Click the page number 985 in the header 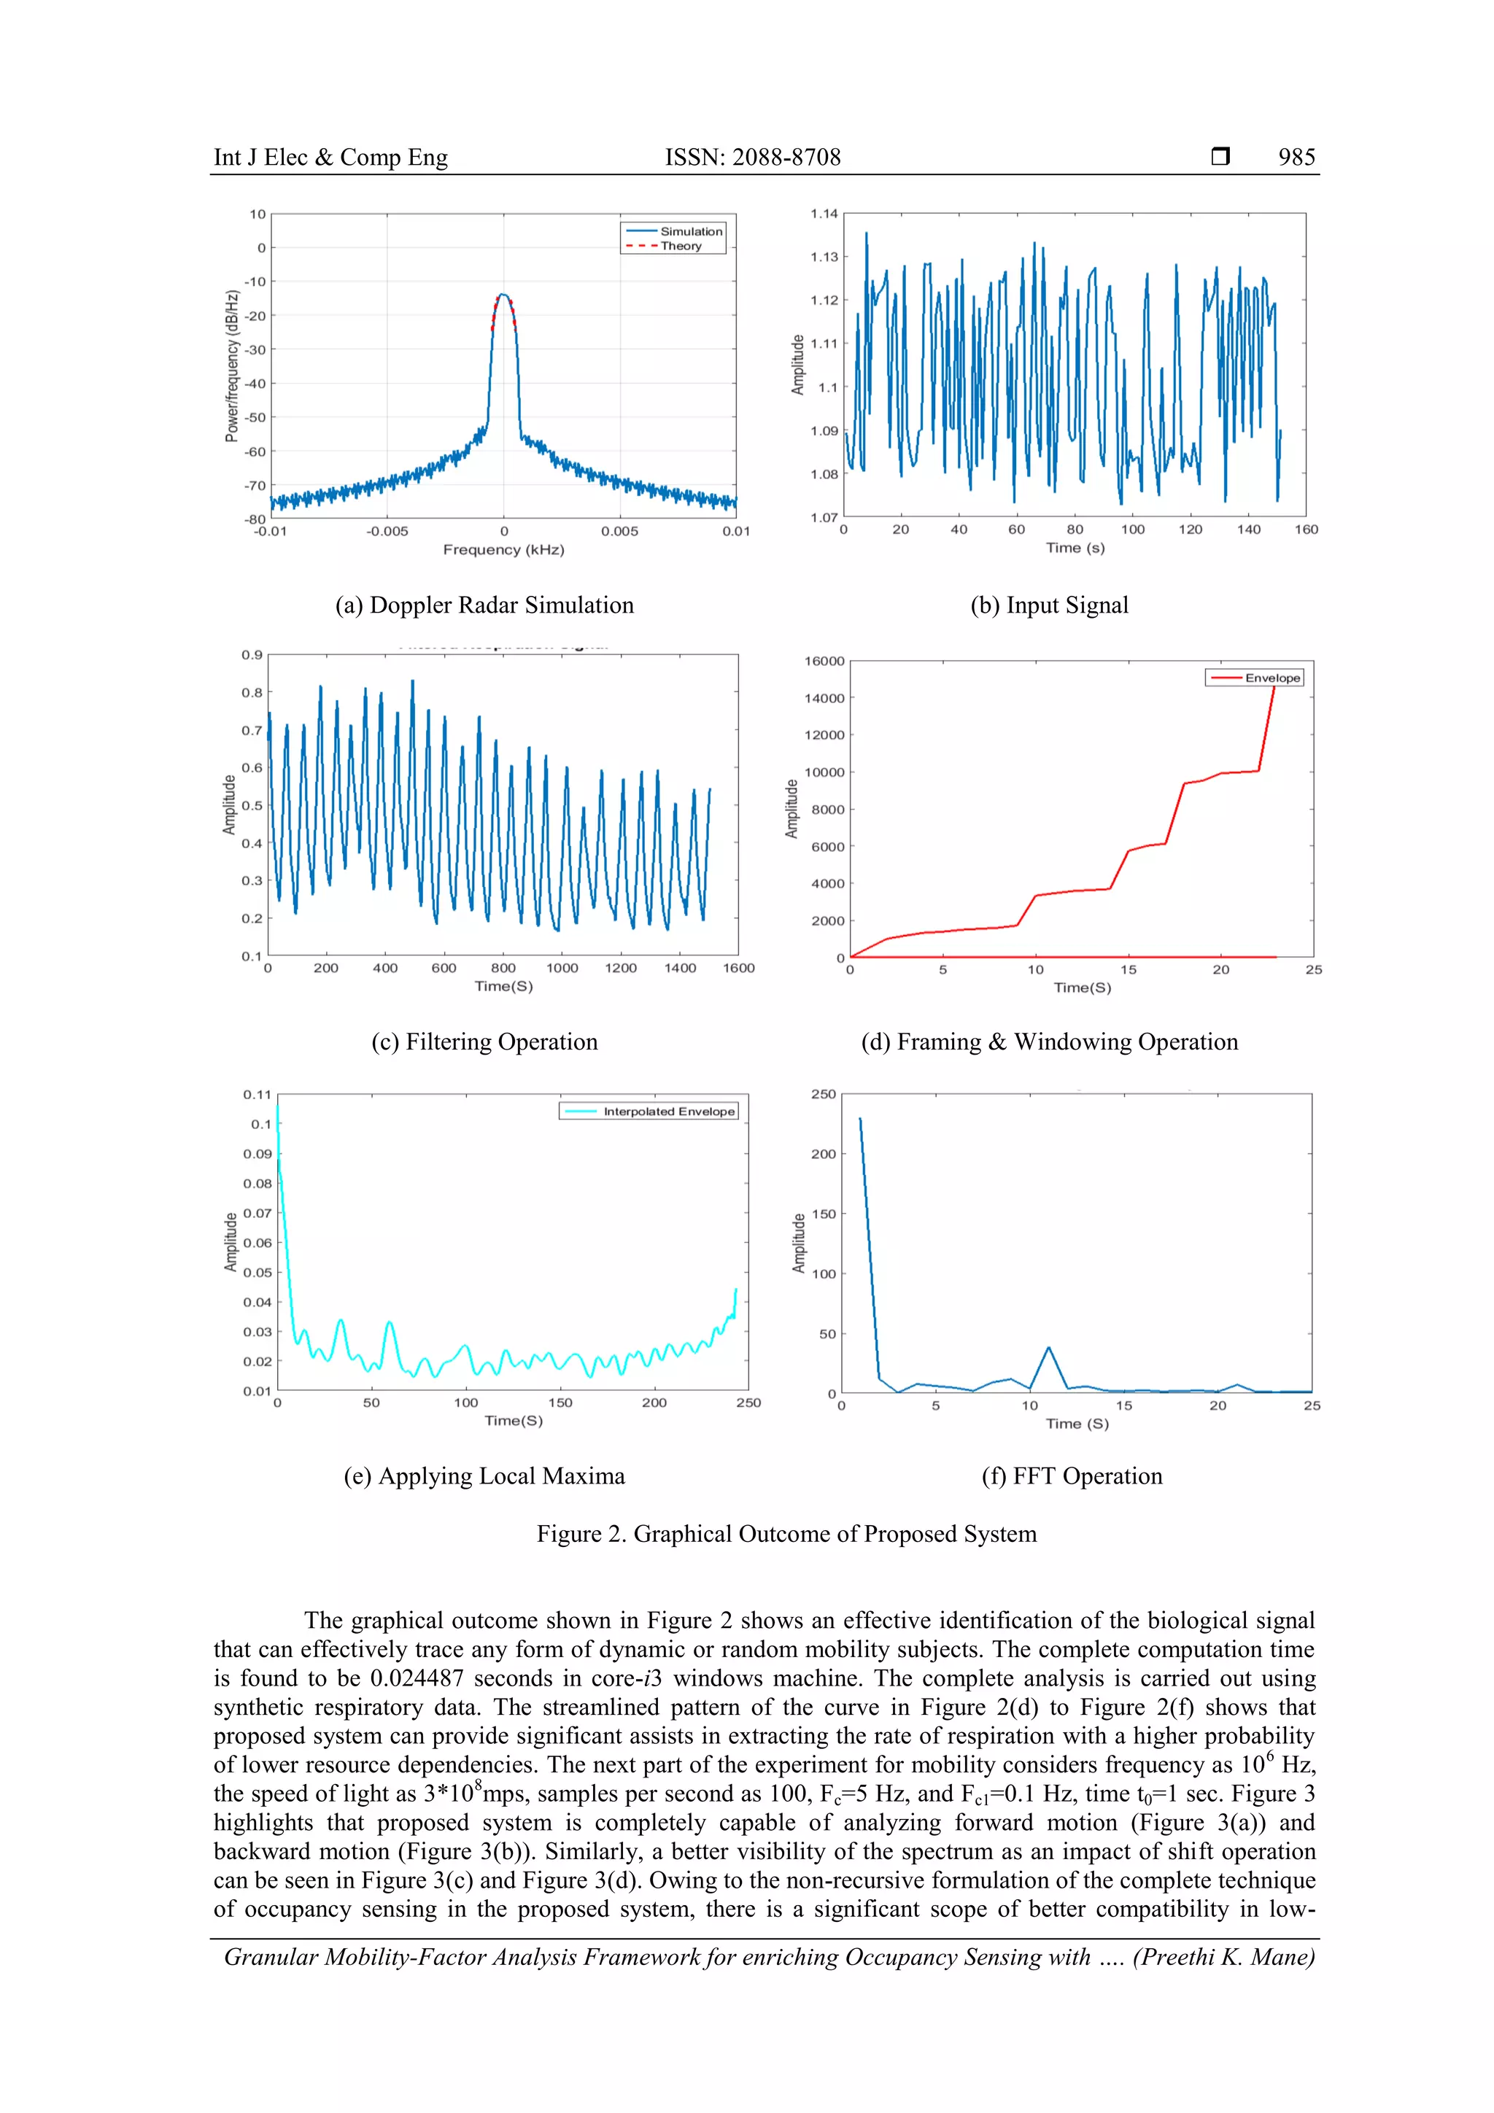1296,158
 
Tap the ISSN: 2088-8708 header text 752,158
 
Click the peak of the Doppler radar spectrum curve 503,295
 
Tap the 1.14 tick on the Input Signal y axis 824,214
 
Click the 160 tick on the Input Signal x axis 1305,530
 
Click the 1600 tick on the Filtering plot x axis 738,968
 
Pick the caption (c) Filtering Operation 484,1042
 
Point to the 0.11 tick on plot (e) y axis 257,1095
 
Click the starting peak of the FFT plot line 860,1119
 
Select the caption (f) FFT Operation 1072,1476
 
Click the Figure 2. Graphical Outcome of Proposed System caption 786,1534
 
